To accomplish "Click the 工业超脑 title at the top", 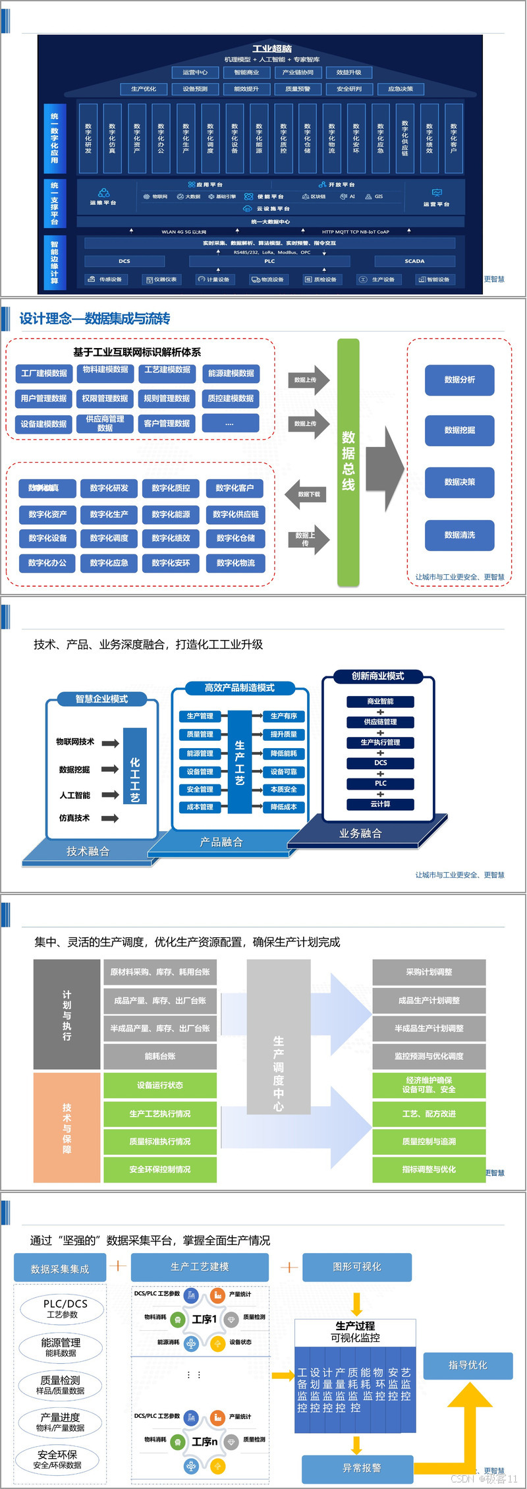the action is click(272, 48).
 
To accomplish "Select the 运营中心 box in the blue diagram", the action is click(195, 73).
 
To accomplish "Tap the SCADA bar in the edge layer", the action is click(414, 261).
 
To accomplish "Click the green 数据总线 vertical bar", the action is click(348, 461).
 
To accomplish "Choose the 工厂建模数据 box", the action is click(44, 374).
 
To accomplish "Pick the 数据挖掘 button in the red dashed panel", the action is click(460, 430).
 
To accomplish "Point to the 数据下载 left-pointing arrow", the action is click(307, 494).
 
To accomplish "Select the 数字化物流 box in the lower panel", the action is click(236, 563).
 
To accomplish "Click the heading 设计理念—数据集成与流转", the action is click(95, 319).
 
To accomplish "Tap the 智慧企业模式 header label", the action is click(101, 699).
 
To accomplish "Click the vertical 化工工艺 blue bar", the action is click(135, 766).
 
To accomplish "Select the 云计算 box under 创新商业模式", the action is click(380, 804).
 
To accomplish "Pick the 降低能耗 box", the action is click(284, 753).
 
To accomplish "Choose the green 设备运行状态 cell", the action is click(160, 1086).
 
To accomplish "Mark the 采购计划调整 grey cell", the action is click(429, 972).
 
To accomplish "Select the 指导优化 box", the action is click(468, 1364).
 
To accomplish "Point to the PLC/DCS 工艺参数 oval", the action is click(63, 1308).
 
